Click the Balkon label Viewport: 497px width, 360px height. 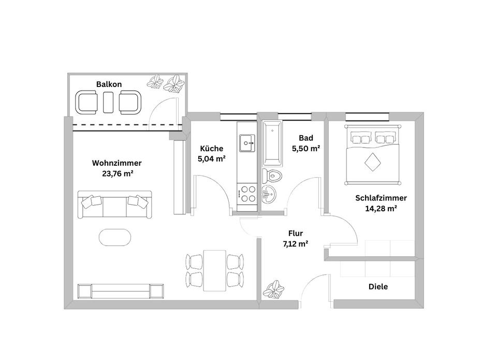109,84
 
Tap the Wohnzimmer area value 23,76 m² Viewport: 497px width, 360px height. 118,174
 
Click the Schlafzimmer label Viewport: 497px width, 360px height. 381,198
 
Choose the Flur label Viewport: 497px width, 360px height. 296,233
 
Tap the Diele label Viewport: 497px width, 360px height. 378,286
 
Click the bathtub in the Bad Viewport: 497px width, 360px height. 271,142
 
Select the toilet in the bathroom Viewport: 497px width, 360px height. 271,175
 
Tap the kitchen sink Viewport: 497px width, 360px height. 246,141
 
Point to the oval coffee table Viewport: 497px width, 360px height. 115,238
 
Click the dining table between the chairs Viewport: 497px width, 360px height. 214,270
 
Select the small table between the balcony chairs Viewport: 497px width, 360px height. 108,102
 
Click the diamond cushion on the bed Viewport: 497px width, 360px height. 372,164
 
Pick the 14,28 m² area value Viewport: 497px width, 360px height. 381,209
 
